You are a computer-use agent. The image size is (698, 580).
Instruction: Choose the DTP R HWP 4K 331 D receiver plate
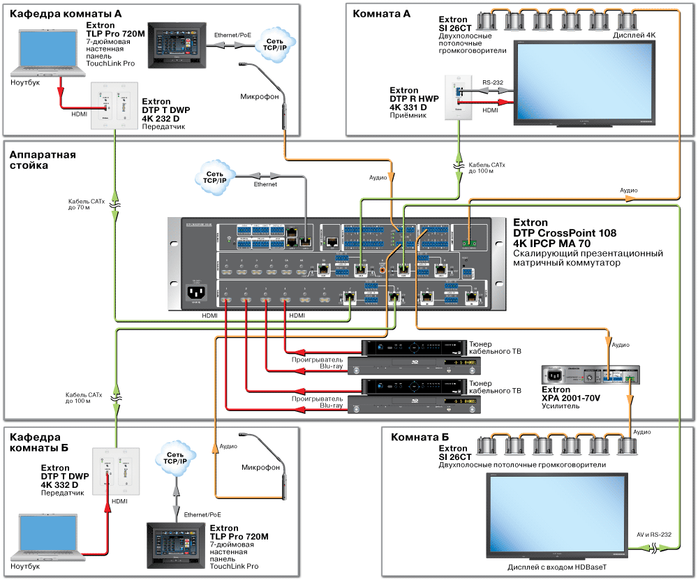(x=458, y=98)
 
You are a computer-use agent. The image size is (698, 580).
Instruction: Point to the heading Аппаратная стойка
(x=43, y=161)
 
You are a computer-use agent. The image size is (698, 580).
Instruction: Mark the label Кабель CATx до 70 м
(x=85, y=205)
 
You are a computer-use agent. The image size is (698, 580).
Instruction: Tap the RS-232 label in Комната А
(x=493, y=82)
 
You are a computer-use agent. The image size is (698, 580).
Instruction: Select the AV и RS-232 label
(x=653, y=535)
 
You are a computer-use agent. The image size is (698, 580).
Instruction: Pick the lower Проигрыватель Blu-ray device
(x=407, y=404)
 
